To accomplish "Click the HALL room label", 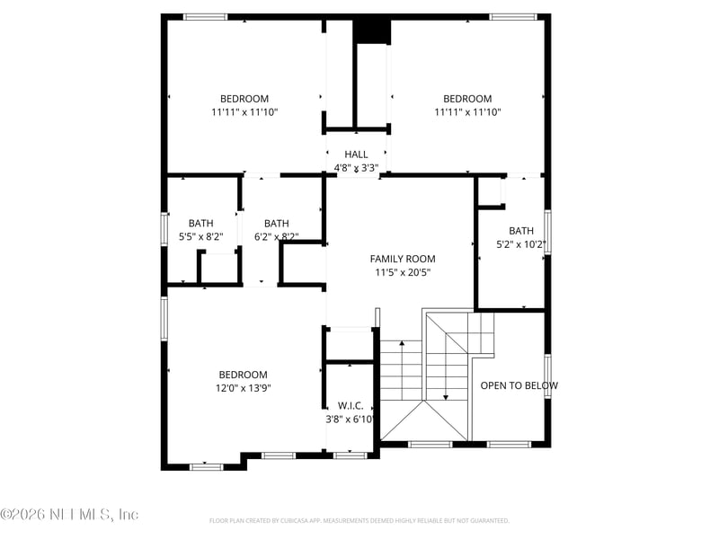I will [356, 155].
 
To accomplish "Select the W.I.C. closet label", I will [350, 406].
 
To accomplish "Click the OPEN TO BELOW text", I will [519, 386].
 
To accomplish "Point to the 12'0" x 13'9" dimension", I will [243, 388].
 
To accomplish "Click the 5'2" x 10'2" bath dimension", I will [521, 243].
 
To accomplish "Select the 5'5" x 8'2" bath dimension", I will [200, 237].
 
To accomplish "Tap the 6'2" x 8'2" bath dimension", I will [276, 237].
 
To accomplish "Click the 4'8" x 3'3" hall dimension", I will [356, 167].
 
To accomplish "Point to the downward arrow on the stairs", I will [446, 395].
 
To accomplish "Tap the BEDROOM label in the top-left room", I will [244, 99].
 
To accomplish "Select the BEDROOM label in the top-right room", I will [467, 99].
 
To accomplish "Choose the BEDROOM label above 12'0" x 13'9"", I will [243, 375].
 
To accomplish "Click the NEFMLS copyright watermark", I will [69, 515].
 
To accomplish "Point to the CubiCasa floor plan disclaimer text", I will [359, 520].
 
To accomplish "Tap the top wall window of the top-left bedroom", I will [206, 16].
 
